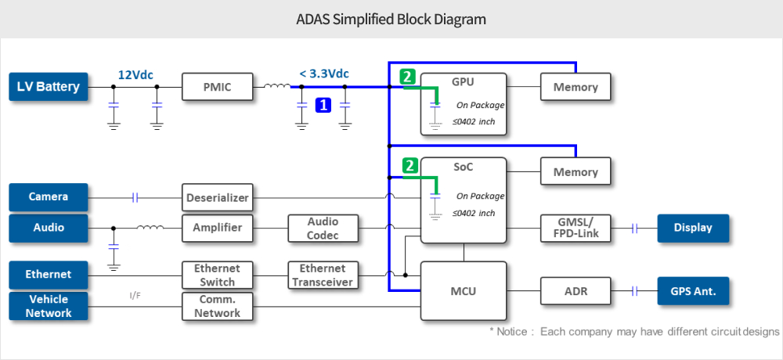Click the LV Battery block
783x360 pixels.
click(x=48, y=87)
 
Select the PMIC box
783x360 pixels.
click(x=218, y=87)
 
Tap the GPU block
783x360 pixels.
click(x=463, y=103)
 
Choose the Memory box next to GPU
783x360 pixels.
click(x=576, y=87)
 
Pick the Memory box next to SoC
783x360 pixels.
click(x=576, y=172)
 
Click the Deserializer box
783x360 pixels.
click(x=218, y=198)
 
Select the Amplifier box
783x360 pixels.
click(x=218, y=229)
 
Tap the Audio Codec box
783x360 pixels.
click(x=323, y=229)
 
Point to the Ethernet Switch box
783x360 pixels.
click(x=218, y=275)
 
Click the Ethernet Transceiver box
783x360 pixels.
click(x=323, y=275)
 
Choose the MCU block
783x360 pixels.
click(x=463, y=291)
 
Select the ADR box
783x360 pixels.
click(x=576, y=291)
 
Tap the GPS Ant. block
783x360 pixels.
click(x=693, y=291)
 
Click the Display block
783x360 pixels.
click(x=693, y=229)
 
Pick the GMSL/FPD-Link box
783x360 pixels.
click(x=576, y=229)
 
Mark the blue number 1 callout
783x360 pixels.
click(x=323, y=104)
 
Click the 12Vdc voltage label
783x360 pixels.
click(x=135, y=74)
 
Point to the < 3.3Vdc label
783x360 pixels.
click(x=323, y=74)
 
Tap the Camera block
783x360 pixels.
click(x=48, y=197)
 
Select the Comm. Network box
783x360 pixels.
click(x=218, y=306)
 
